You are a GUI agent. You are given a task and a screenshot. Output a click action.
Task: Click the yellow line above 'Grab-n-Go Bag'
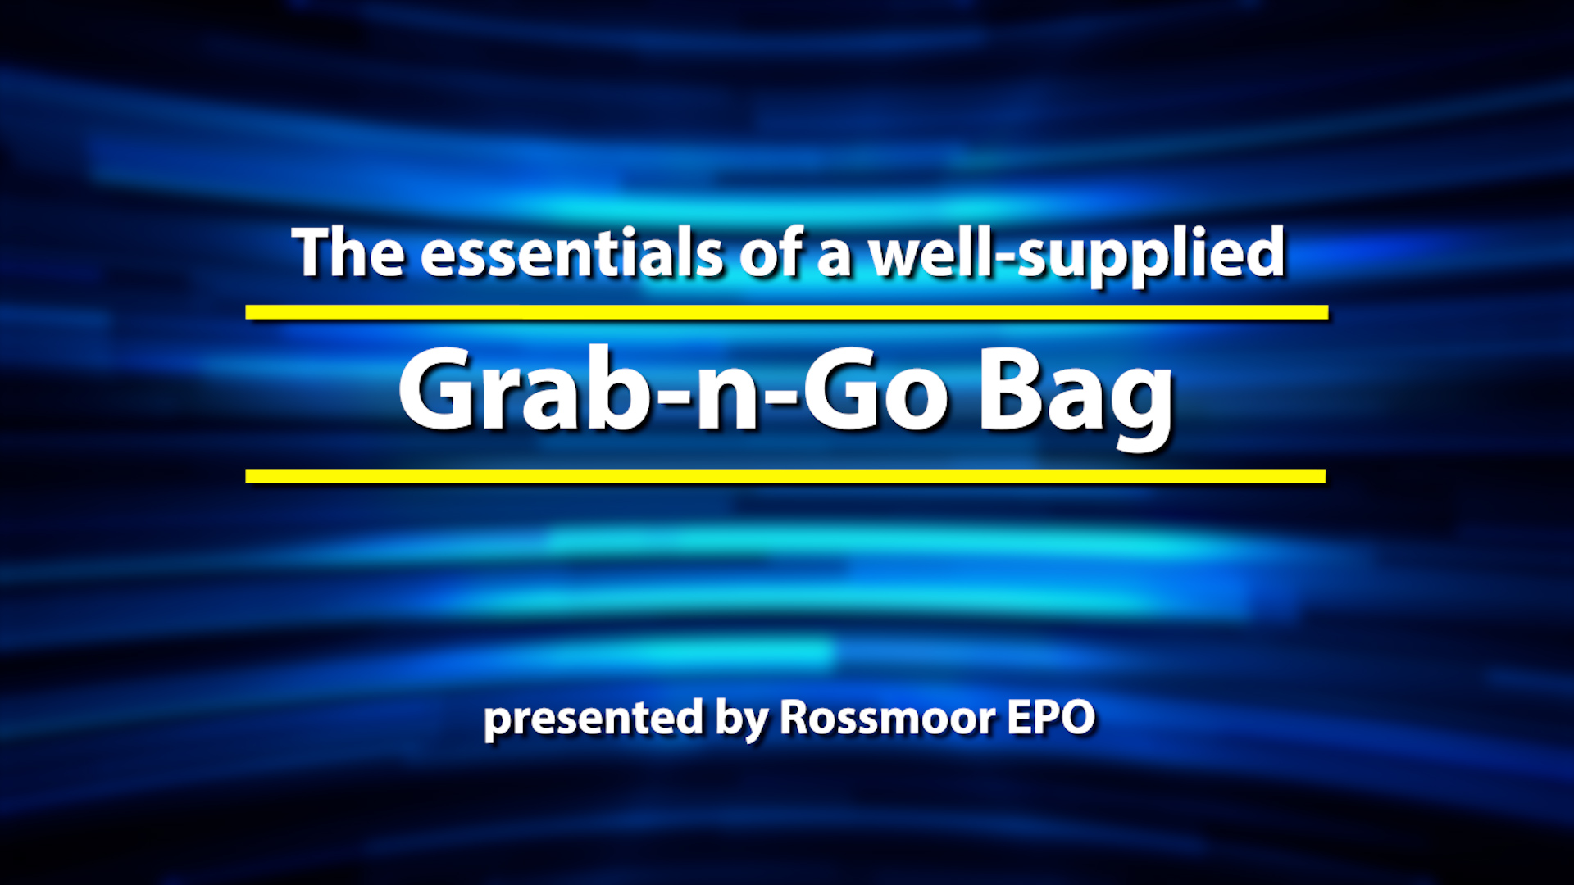coord(787,312)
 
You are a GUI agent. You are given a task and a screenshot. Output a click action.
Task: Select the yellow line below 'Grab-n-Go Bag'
coord(785,476)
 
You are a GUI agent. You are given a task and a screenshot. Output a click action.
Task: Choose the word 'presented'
coord(594,720)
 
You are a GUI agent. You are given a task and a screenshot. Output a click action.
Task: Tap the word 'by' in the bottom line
coord(741,720)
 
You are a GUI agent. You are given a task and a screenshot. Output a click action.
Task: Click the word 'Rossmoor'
coord(887,718)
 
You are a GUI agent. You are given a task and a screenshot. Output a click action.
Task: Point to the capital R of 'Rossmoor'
coord(795,718)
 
